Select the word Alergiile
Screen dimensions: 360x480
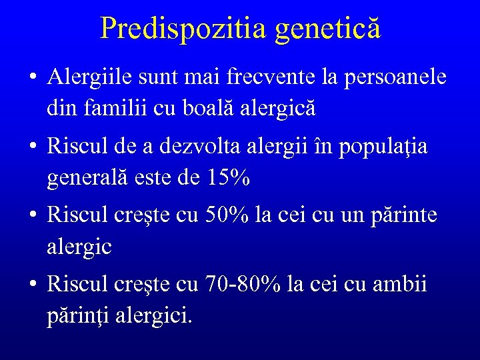[90, 77]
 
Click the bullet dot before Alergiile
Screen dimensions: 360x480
[32, 79]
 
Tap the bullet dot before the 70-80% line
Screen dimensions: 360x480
[32, 285]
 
